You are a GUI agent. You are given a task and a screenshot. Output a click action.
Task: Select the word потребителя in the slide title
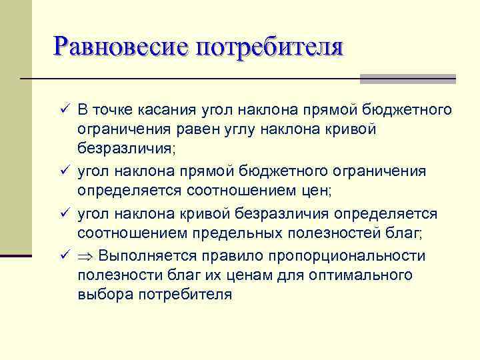(269, 47)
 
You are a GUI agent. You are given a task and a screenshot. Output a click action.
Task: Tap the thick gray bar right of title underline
(407, 79)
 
